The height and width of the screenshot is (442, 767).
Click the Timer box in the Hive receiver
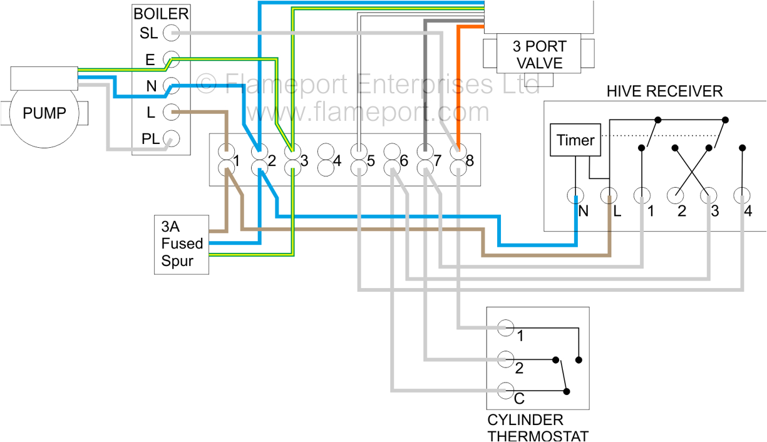(575, 140)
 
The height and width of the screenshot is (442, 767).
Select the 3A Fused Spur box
(182, 244)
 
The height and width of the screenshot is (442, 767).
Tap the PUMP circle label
(44, 113)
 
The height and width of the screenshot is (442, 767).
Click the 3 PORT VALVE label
(539, 54)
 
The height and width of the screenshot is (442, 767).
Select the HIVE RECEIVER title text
(664, 91)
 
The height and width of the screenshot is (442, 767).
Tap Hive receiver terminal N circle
(575, 196)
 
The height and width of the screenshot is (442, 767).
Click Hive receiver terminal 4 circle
(743, 196)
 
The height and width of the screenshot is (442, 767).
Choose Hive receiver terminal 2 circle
(675, 196)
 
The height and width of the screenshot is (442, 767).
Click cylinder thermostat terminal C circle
(505, 390)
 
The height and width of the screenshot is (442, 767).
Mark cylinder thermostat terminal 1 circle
(505, 327)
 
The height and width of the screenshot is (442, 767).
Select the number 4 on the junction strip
(337, 161)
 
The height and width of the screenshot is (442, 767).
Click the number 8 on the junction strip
(470, 161)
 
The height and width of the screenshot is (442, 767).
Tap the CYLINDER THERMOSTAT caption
(538, 428)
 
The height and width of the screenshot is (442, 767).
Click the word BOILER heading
(161, 14)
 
